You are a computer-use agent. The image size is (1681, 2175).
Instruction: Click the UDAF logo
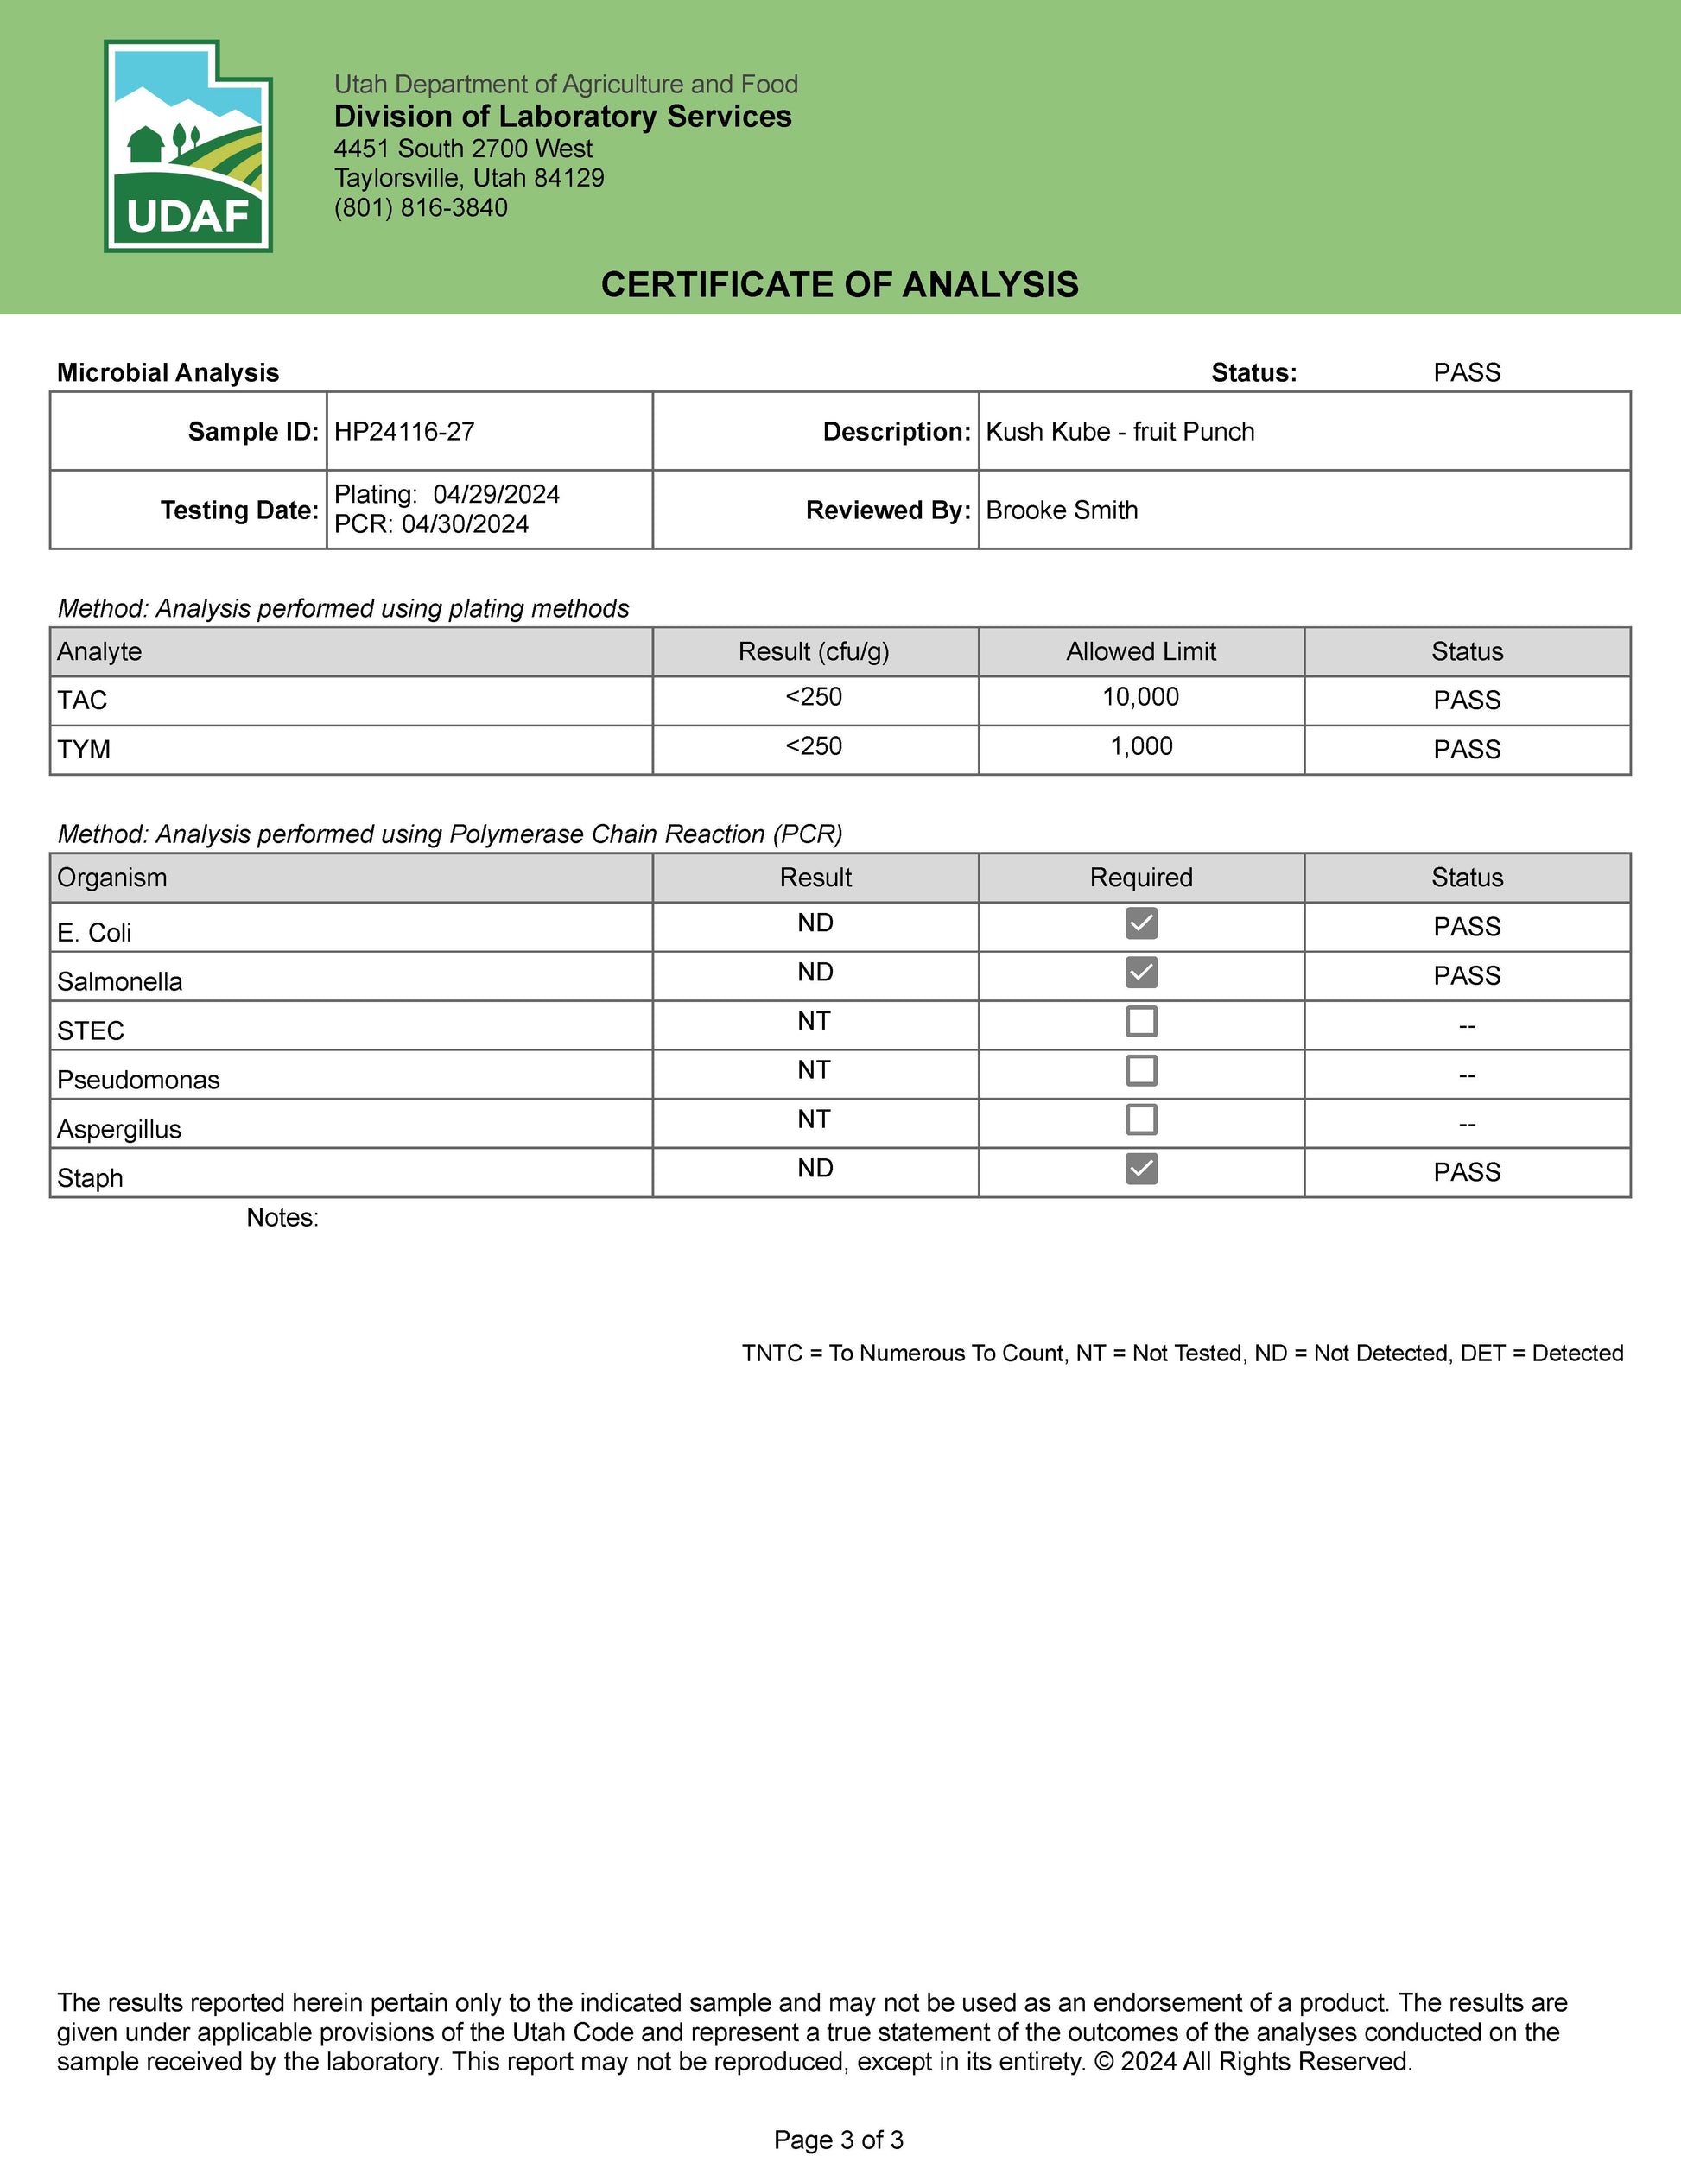(x=188, y=146)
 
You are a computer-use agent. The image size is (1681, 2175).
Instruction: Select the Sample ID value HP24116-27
(x=404, y=432)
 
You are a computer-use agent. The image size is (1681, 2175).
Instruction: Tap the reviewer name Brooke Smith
(x=1062, y=510)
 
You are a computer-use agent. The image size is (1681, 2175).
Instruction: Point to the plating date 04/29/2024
(x=496, y=495)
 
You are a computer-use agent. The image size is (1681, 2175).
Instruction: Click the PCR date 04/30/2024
(x=465, y=525)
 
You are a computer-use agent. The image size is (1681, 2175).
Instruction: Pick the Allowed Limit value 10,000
(x=1140, y=697)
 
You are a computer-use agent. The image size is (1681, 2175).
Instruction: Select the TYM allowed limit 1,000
(x=1141, y=747)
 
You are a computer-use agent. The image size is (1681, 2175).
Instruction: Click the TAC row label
(x=83, y=701)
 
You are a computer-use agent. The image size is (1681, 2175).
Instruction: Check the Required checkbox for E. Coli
(x=1141, y=924)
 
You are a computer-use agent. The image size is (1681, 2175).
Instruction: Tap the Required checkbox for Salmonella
(x=1141, y=973)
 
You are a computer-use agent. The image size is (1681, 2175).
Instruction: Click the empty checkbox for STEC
(x=1141, y=1022)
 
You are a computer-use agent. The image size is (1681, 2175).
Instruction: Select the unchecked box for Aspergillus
(x=1141, y=1120)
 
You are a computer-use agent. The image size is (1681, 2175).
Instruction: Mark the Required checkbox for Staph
(x=1141, y=1170)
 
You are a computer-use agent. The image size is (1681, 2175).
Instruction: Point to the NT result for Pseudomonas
(x=814, y=1070)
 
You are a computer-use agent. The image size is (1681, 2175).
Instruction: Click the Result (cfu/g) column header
(x=814, y=652)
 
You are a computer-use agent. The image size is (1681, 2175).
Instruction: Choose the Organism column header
(x=111, y=878)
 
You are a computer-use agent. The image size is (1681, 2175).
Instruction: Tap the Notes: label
(x=282, y=1219)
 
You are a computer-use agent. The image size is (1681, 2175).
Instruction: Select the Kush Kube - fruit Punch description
(x=1120, y=432)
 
